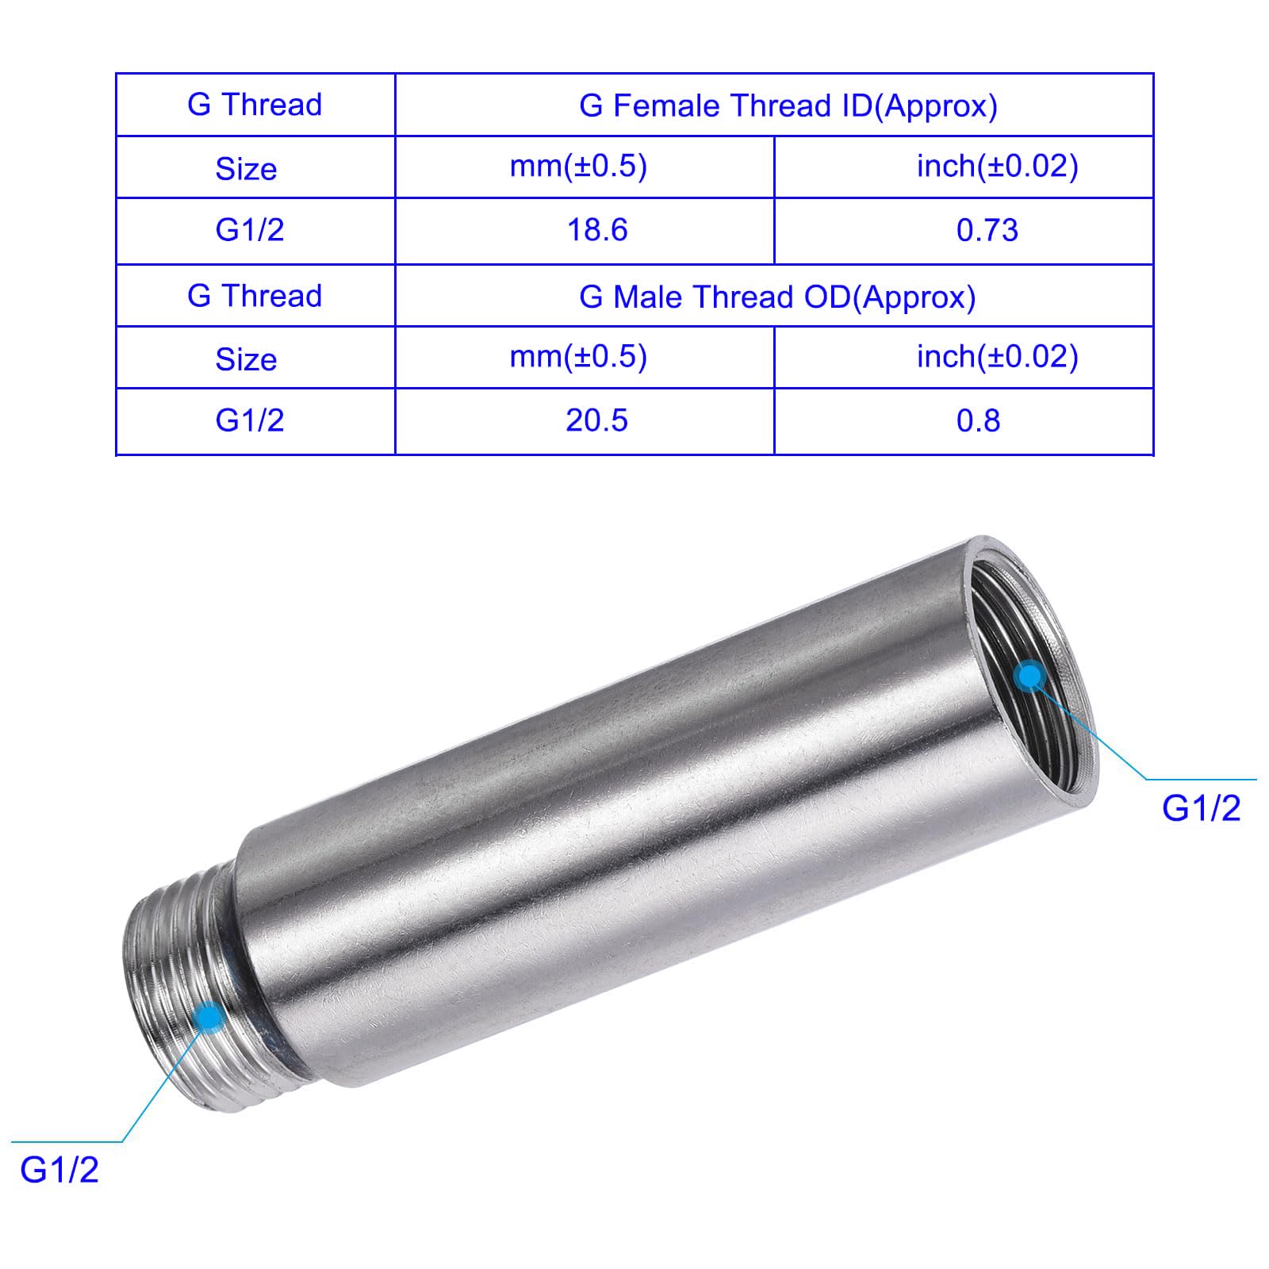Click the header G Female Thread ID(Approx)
(788, 105)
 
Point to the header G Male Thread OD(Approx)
(777, 297)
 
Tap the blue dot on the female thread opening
(1029, 677)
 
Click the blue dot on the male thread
(209, 1016)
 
